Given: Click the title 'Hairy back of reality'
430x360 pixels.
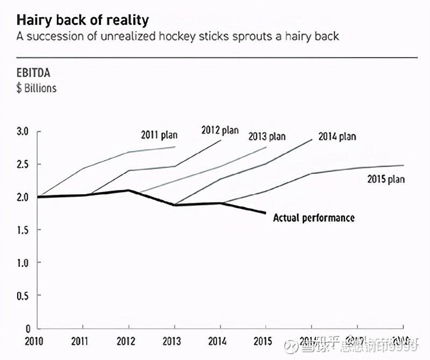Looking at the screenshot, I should point(83,20).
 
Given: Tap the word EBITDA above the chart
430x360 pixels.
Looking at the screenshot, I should point(33,73).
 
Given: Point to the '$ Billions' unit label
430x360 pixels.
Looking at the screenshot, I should point(36,88).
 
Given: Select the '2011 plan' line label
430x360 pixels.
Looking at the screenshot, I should point(159,135).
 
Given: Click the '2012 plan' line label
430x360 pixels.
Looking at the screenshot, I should point(219,130).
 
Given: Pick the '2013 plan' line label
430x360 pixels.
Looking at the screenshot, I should point(267,136).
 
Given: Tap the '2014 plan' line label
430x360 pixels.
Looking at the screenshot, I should point(337,136).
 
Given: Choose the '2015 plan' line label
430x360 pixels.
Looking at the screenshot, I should point(385,179).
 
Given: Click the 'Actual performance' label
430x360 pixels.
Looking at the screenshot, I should point(314,218).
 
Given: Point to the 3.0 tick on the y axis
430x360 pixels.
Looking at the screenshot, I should point(22,131).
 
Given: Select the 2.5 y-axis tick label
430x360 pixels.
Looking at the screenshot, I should point(22,164).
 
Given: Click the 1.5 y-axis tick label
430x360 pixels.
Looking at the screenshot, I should point(22,230).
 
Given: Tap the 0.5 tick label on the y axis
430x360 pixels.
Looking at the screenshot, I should point(22,295).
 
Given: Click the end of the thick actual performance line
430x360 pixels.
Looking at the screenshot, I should point(266,213).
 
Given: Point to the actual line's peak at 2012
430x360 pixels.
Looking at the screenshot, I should point(128,190).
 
